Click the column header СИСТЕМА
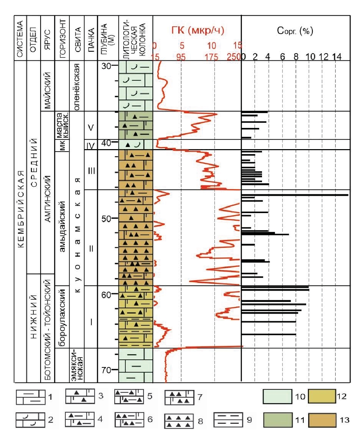coord(20,38)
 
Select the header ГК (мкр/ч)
coord(198,31)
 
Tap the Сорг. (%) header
coord(295,31)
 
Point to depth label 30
coord(106,65)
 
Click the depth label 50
coord(106,219)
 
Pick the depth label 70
coord(106,370)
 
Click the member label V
coord(91,128)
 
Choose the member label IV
coord(90,145)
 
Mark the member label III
coord(91,170)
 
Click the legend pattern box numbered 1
coord(31,397)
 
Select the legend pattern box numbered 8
coord(179,421)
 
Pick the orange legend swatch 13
coord(322,420)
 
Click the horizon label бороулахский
coord(62,317)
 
